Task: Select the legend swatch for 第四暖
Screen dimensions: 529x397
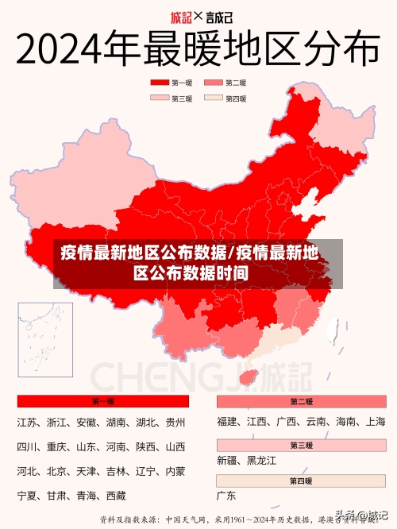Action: pos(214,98)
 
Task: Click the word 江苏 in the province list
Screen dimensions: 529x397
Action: pos(27,422)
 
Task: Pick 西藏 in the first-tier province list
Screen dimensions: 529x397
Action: pos(116,496)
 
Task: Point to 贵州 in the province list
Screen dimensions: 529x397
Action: pos(175,422)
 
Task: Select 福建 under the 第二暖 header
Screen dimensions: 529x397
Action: pos(227,422)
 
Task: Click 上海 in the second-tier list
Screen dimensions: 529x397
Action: pos(376,422)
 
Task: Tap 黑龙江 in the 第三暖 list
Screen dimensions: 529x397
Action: pos(262,460)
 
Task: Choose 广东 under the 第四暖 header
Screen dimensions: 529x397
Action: pos(227,496)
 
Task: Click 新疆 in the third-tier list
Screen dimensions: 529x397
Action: pos(227,460)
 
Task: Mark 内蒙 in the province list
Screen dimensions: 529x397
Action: pos(175,471)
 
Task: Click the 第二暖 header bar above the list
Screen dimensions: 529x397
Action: pos(301,402)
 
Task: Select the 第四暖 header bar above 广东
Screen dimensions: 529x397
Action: pos(301,481)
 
